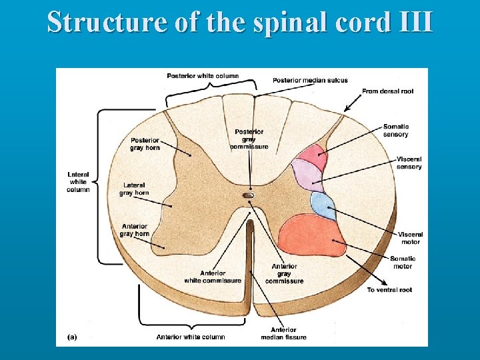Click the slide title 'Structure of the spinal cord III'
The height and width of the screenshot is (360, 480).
tap(240, 21)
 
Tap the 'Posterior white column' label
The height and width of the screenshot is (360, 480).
tap(203, 76)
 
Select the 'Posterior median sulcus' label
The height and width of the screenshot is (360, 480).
tap(310, 81)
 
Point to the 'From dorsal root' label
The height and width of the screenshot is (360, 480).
tap(387, 91)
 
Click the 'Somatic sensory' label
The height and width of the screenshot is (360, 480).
tap(396, 131)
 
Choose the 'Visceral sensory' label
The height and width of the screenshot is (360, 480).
tap(409, 163)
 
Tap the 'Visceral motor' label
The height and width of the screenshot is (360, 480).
tap(411, 238)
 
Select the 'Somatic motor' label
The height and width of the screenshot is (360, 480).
tap(403, 262)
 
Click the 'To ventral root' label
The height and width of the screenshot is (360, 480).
tap(390, 290)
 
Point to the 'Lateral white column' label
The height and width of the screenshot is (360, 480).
tap(78, 182)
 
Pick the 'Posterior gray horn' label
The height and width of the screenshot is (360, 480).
tap(145, 144)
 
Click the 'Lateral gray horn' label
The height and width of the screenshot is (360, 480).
tap(134, 189)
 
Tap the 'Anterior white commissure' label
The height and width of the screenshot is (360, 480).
tap(213, 277)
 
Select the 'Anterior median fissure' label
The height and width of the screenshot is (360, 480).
tap(283, 333)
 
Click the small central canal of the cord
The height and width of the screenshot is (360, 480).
tap(249, 195)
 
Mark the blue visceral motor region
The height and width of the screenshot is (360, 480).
tap(323, 206)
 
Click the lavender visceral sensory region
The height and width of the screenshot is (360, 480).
tap(306, 177)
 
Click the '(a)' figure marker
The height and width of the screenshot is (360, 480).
tap(72, 337)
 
